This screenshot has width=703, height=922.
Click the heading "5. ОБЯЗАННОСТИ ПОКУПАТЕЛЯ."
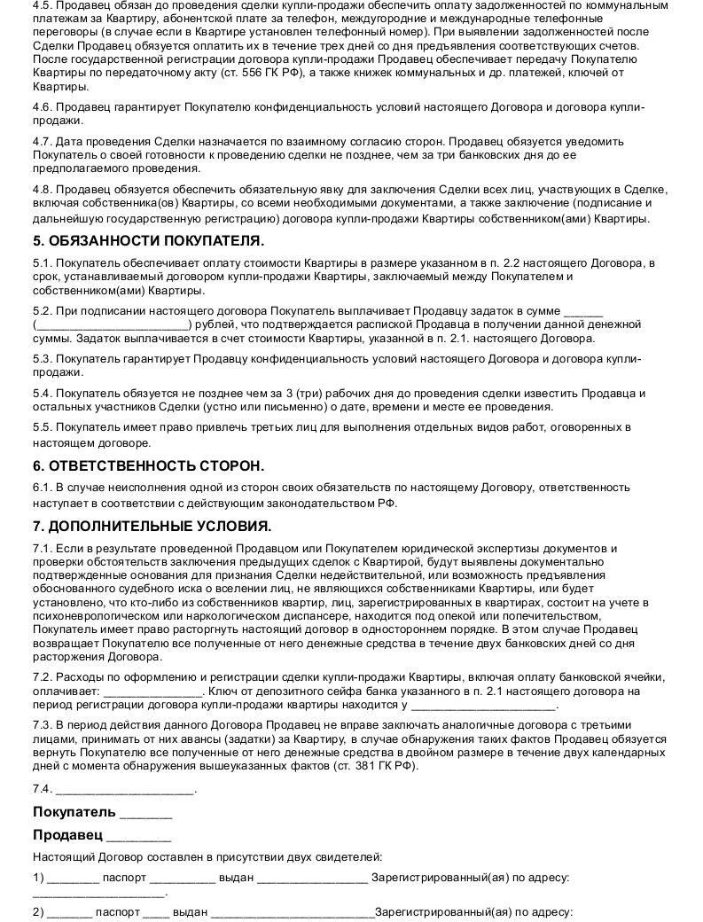tap(148, 241)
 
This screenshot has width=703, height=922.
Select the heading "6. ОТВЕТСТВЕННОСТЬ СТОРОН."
tap(149, 466)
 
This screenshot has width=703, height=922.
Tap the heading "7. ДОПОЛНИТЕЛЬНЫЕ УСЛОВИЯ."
tap(152, 526)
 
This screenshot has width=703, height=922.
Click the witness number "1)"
tap(38, 878)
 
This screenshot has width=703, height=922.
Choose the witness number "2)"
tap(38, 911)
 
